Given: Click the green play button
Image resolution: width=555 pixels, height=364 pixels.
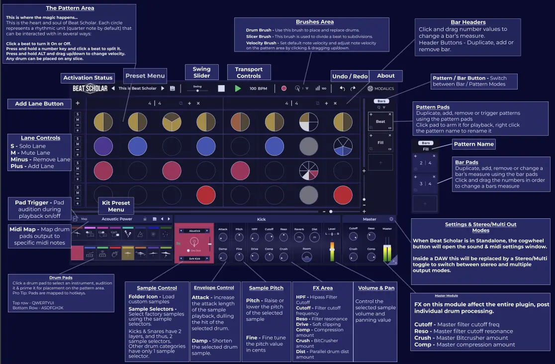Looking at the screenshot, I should click(238, 88).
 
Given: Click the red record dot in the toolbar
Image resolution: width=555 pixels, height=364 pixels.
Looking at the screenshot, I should click(284, 88).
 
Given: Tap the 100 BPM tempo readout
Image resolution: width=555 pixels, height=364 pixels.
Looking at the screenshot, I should click(259, 88).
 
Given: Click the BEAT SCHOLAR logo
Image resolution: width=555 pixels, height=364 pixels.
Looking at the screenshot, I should click(90, 88).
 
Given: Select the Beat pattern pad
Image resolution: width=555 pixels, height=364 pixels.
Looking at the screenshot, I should click(380, 121).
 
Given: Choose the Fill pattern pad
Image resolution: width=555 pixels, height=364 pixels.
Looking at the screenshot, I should click(380, 142).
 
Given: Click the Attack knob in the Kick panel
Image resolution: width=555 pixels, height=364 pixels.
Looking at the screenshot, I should click(223, 238).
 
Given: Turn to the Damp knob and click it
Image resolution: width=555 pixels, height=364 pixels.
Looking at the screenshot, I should click(223, 257).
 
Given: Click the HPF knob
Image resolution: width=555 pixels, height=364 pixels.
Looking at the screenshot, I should click(255, 238).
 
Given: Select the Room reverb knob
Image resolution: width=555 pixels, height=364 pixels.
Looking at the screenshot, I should click(307, 257).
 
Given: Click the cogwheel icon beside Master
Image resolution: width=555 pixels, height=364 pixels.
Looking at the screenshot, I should click(391, 219).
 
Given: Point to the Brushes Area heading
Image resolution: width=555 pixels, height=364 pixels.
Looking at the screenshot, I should click(314, 22).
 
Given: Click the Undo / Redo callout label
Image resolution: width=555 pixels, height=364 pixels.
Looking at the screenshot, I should click(350, 76).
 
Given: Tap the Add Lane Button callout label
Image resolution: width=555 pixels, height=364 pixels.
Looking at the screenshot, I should click(39, 103).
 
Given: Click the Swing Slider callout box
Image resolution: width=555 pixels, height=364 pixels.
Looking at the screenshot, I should click(201, 72).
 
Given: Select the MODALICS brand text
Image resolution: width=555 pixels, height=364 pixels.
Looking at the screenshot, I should click(383, 88).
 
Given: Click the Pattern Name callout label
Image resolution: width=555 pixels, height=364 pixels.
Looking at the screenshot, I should click(473, 144).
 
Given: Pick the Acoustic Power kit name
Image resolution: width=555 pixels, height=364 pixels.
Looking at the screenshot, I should click(117, 219).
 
